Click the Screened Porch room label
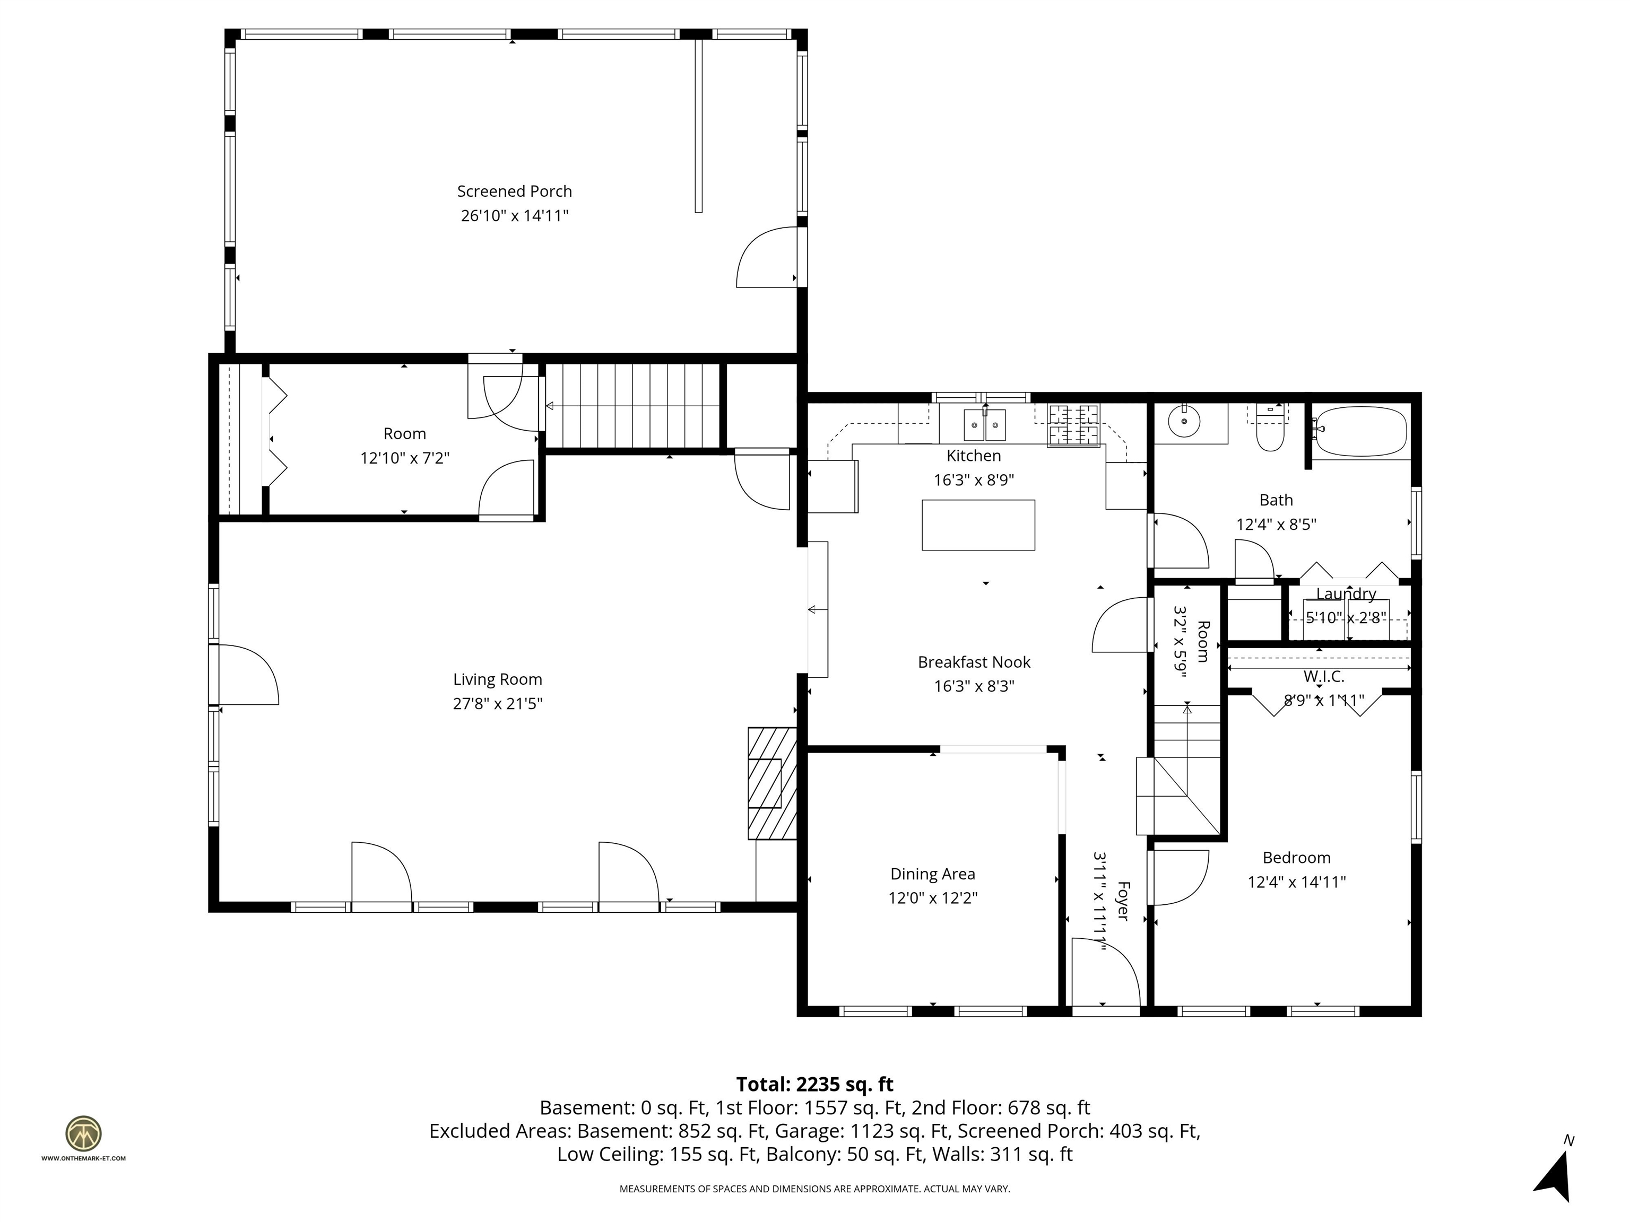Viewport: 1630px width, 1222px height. (x=514, y=191)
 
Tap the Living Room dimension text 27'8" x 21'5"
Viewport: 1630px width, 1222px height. (x=497, y=703)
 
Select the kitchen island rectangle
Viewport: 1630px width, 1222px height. (x=978, y=525)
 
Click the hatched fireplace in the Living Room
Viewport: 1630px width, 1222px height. (x=772, y=783)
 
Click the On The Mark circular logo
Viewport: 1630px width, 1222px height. (x=83, y=1133)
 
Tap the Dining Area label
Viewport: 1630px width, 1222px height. (x=932, y=874)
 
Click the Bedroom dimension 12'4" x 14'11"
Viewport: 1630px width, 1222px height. (x=1296, y=881)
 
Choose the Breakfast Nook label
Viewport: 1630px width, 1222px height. (x=974, y=662)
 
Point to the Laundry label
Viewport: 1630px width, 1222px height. (x=1346, y=593)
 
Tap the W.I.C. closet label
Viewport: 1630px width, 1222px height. (x=1323, y=676)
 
